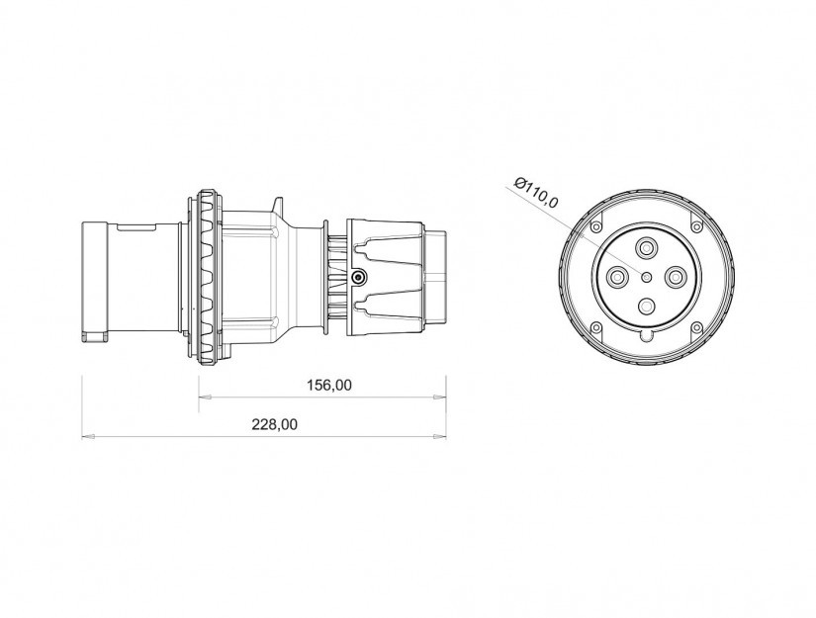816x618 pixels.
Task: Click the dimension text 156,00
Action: (x=329, y=385)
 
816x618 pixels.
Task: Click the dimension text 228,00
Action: (x=275, y=424)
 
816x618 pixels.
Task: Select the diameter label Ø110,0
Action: (x=535, y=193)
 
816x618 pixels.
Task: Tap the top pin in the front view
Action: (x=646, y=248)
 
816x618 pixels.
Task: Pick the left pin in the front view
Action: (x=618, y=277)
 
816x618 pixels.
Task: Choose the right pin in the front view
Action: (x=675, y=277)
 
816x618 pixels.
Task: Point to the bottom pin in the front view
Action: (x=646, y=306)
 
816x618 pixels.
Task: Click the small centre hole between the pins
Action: (x=646, y=277)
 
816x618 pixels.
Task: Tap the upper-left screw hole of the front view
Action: (x=596, y=226)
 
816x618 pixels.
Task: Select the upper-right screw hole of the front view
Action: (x=696, y=226)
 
